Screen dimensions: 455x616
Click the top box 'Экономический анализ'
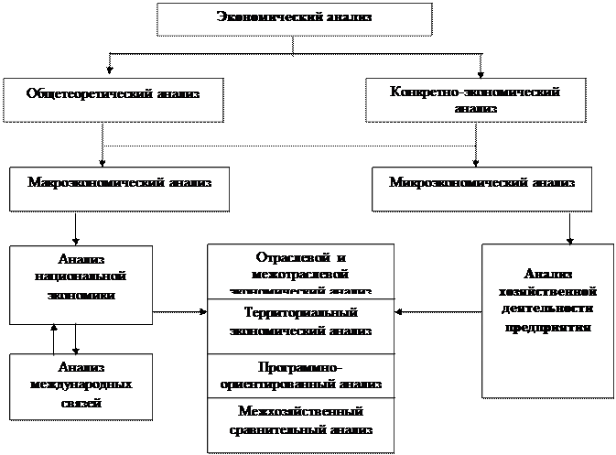294,18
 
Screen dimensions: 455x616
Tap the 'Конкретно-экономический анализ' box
474,100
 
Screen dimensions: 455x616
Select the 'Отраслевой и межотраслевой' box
300,270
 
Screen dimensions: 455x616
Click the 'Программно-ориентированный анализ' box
300,375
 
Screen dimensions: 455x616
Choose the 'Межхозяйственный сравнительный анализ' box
300,424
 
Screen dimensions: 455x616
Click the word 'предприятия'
547,329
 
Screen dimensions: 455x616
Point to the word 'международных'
81,385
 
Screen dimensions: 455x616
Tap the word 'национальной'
81,276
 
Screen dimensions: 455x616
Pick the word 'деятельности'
547,310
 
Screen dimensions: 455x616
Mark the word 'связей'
81,403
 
